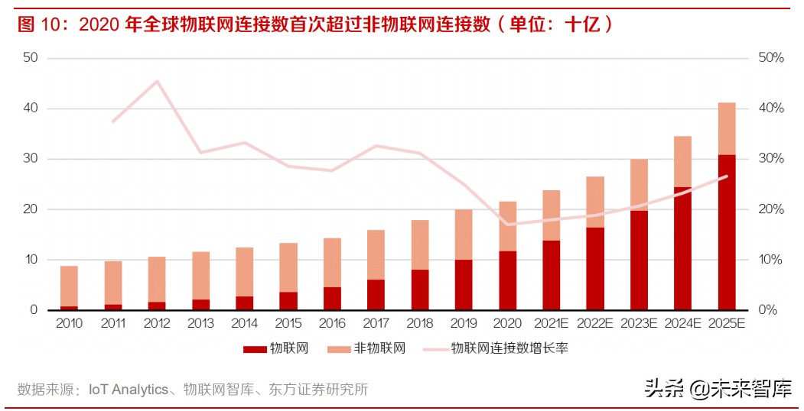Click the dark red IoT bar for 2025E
[x=726, y=232]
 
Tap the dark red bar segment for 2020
[x=507, y=280]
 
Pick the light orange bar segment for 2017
[x=376, y=254]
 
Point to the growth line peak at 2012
[x=157, y=81]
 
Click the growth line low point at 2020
[x=507, y=225]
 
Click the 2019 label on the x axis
[x=464, y=324]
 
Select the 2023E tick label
[x=639, y=324]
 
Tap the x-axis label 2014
[x=244, y=324]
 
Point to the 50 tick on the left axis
[x=31, y=58]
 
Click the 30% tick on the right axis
[x=770, y=159]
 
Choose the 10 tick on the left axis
[x=31, y=260]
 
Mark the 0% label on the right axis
[x=767, y=310]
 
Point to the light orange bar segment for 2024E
[x=682, y=161]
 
